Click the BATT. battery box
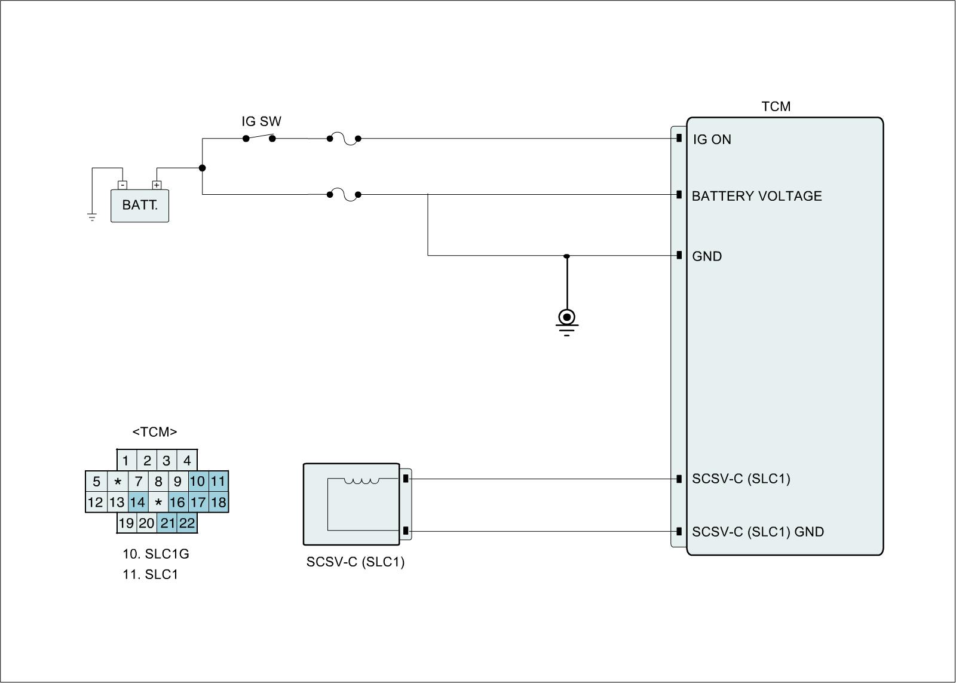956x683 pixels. click(x=140, y=206)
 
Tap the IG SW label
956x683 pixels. click(x=261, y=121)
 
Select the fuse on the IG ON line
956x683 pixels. click(x=344, y=139)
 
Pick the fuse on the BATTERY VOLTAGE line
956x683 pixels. click(x=344, y=195)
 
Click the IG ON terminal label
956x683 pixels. click(x=712, y=140)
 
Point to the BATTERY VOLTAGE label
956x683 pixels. click(x=756, y=196)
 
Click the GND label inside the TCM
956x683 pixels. click(x=707, y=256)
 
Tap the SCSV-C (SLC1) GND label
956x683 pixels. click(x=758, y=532)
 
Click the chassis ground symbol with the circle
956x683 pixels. click(x=566, y=317)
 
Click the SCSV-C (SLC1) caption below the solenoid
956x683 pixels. click(x=356, y=562)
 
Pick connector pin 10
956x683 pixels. click(x=197, y=481)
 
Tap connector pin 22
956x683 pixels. click(x=187, y=523)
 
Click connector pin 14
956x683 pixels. click(x=137, y=502)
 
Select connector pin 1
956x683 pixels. click(x=126, y=461)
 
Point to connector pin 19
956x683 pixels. click(x=126, y=523)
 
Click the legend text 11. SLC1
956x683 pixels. click(x=151, y=575)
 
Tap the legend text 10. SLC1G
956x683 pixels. click(x=156, y=554)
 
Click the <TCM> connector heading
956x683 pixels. click(x=155, y=432)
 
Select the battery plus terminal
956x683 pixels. click(x=157, y=185)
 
